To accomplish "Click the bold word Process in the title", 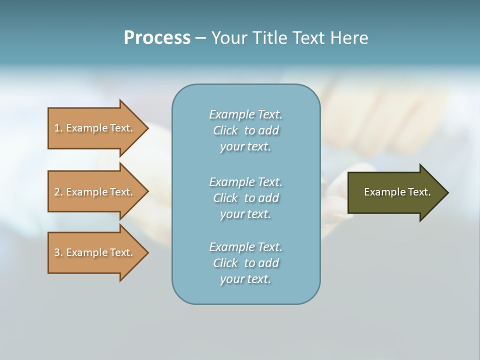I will pos(157,38).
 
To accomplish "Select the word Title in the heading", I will pos(270,38).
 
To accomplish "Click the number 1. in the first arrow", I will pos(58,128).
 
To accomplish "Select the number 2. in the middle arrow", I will pos(58,192).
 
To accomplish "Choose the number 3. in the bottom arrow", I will pos(58,252).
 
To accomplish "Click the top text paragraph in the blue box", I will pos(245,130).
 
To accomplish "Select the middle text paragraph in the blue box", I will pos(245,198).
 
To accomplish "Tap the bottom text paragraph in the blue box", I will pos(245,263).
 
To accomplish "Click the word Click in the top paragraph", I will pos(225,130).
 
